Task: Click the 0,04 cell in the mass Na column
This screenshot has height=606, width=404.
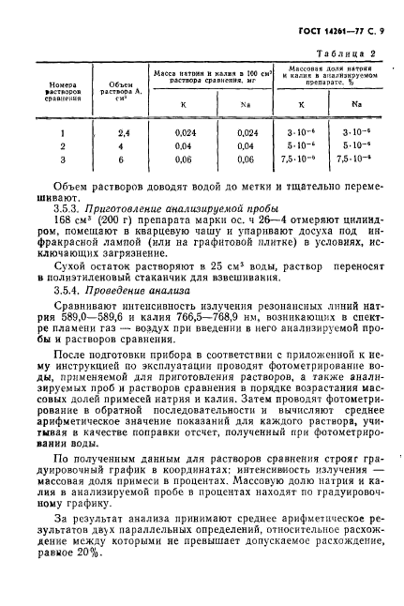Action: point(247,146)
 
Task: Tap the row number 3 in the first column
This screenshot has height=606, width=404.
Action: point(62,160)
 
